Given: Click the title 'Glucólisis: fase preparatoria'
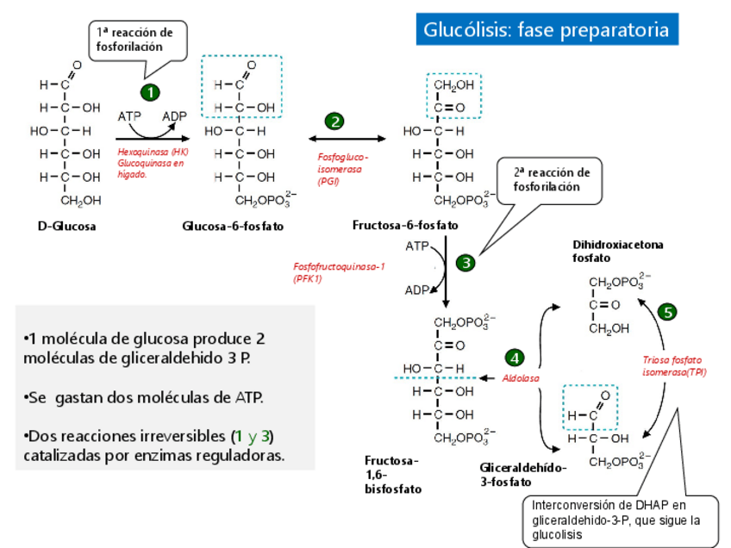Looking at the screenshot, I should [x=546, y=30].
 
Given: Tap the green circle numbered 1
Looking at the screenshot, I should [x=150, y=92].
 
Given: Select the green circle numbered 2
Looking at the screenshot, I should [x=334, y=121].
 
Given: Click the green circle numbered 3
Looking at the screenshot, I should [x=466, y=263].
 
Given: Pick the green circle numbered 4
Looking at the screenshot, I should [x=515, y=358].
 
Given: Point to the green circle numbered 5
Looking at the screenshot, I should [x=667, y=313].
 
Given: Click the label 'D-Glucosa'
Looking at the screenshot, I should [x=66, y=227].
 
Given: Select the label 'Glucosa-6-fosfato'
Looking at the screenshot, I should [x=233, y=227].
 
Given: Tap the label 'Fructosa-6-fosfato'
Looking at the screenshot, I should [x=405, y=226].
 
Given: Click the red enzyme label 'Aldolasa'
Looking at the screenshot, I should [x=522, y=378].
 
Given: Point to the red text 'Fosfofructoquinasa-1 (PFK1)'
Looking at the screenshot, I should [x=339, y=272].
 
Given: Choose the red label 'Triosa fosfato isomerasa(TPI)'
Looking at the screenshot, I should [x=674, y=366].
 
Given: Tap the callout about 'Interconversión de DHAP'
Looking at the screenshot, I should [x=620, y=520].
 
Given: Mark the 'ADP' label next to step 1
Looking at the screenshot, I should [x=175, y=115].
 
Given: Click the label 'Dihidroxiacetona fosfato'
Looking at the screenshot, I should [x=617, y=251].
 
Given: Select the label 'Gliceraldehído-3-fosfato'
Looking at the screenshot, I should [x=523, y=474].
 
